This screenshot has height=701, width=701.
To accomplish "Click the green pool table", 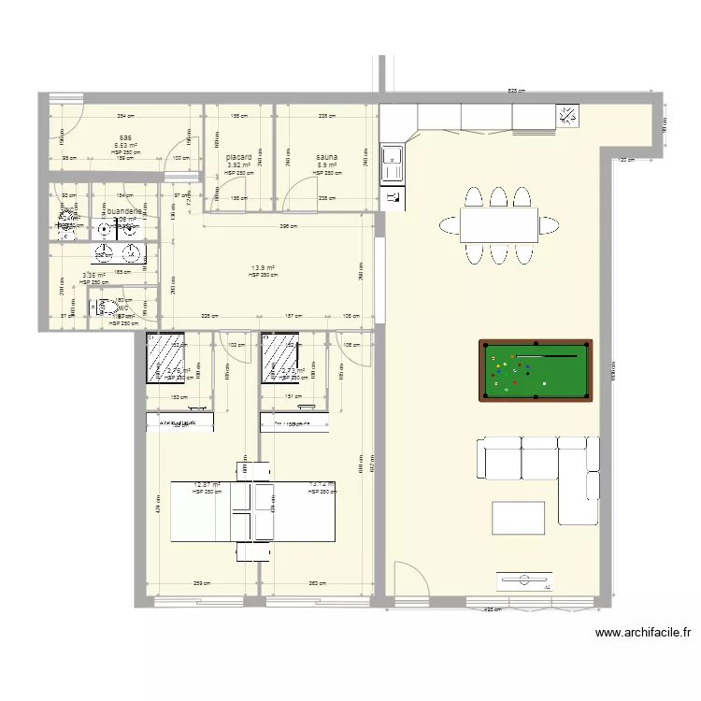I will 536,371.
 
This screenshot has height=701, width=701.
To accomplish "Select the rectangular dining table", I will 498,224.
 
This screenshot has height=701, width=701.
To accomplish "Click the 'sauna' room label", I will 326,158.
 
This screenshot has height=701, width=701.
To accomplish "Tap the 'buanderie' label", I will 125,212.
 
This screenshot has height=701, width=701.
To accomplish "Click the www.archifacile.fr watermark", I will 644,633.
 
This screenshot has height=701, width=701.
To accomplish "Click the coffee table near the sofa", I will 519,518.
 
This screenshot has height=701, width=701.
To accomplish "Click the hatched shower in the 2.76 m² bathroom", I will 165,359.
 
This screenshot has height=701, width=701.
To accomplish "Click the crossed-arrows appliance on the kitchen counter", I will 568,116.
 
